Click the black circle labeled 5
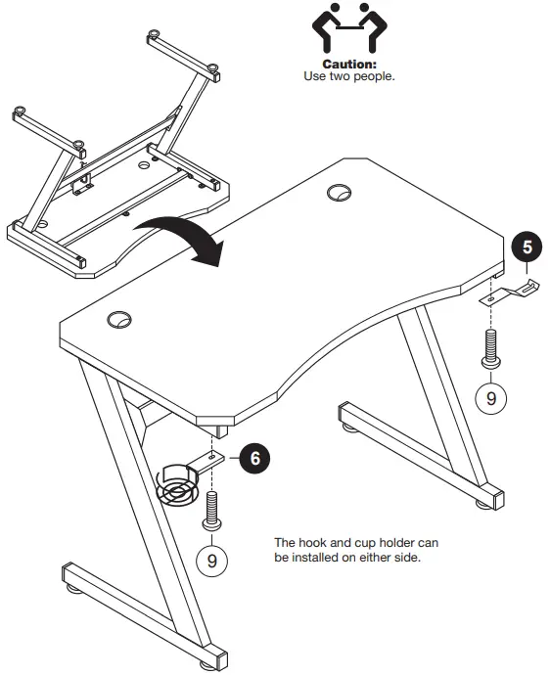527,247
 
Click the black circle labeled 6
254,455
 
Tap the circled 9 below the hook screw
492,397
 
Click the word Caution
349,64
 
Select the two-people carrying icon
348,28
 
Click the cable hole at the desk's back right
341,193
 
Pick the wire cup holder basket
177,483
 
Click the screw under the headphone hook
492,350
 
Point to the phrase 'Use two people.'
349,75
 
